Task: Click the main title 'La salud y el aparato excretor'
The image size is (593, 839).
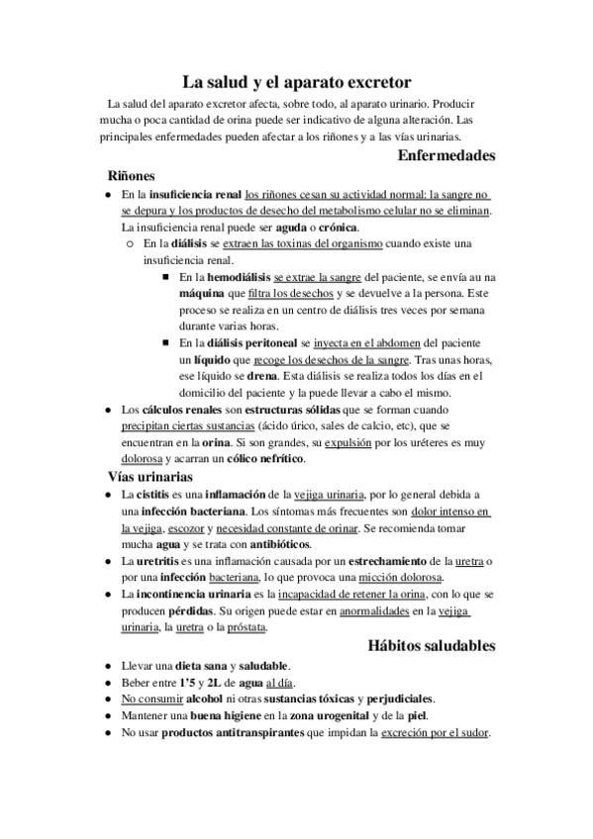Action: pyautogui.click(x=296, y=82)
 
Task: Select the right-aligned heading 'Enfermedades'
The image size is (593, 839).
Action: pyautogui.click(x=445, y=155)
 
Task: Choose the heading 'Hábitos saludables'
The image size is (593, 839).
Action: pyautogui.click(x=425, y=646)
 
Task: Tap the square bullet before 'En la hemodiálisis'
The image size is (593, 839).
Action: pyautogui.click(x=164, y=278)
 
